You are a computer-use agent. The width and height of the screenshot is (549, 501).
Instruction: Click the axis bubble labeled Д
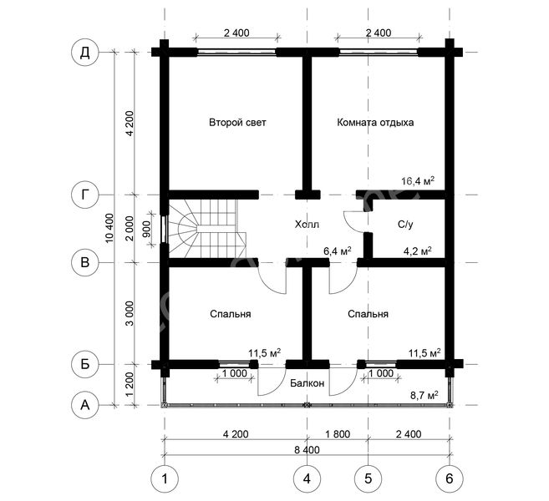click(85, 53)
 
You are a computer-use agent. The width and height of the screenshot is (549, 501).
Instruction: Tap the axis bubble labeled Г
click(85, 195)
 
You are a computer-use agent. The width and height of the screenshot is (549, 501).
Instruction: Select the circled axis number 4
click(307, 478)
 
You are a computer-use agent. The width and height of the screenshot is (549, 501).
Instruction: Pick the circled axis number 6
click(450, 478)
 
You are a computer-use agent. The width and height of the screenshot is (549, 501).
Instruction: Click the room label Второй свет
click(237, 123)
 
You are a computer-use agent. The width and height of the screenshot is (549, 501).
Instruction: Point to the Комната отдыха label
click(375, 123)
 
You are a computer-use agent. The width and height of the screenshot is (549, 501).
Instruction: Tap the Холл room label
click(307, 224)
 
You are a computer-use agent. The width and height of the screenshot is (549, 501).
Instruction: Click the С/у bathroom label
click(405, 224)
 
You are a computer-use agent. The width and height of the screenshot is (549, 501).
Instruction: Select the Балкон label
click(307, 383)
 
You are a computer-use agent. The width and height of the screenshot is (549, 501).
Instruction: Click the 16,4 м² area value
click(418, 181)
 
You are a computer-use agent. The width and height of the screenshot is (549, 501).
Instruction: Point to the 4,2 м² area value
click(417, 250)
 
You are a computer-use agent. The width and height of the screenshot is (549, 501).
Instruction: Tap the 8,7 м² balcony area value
click(424, 395)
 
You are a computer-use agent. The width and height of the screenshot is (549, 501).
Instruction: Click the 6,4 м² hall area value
click(338, 250)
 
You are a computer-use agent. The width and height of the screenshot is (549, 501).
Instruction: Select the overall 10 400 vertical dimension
click(109, 228)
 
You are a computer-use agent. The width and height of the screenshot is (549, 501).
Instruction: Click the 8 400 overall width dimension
click(307, 449)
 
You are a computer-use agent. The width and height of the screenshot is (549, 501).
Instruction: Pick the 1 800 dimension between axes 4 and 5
click(338, 434)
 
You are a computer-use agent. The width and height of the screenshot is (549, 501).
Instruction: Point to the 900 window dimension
click(147, 229)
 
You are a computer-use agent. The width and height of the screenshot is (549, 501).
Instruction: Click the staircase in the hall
click(207, 229)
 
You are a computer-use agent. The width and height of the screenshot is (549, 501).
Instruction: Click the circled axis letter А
click(85, 405)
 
